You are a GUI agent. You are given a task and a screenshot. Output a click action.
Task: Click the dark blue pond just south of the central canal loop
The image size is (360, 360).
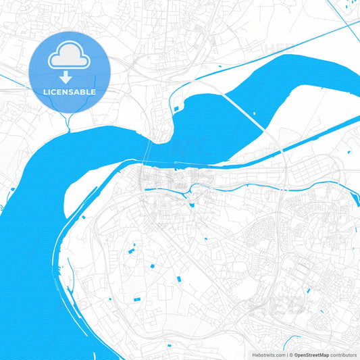(x=192, y=205)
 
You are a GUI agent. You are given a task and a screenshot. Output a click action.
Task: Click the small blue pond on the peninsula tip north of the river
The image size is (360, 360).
(x=176, y=107)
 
